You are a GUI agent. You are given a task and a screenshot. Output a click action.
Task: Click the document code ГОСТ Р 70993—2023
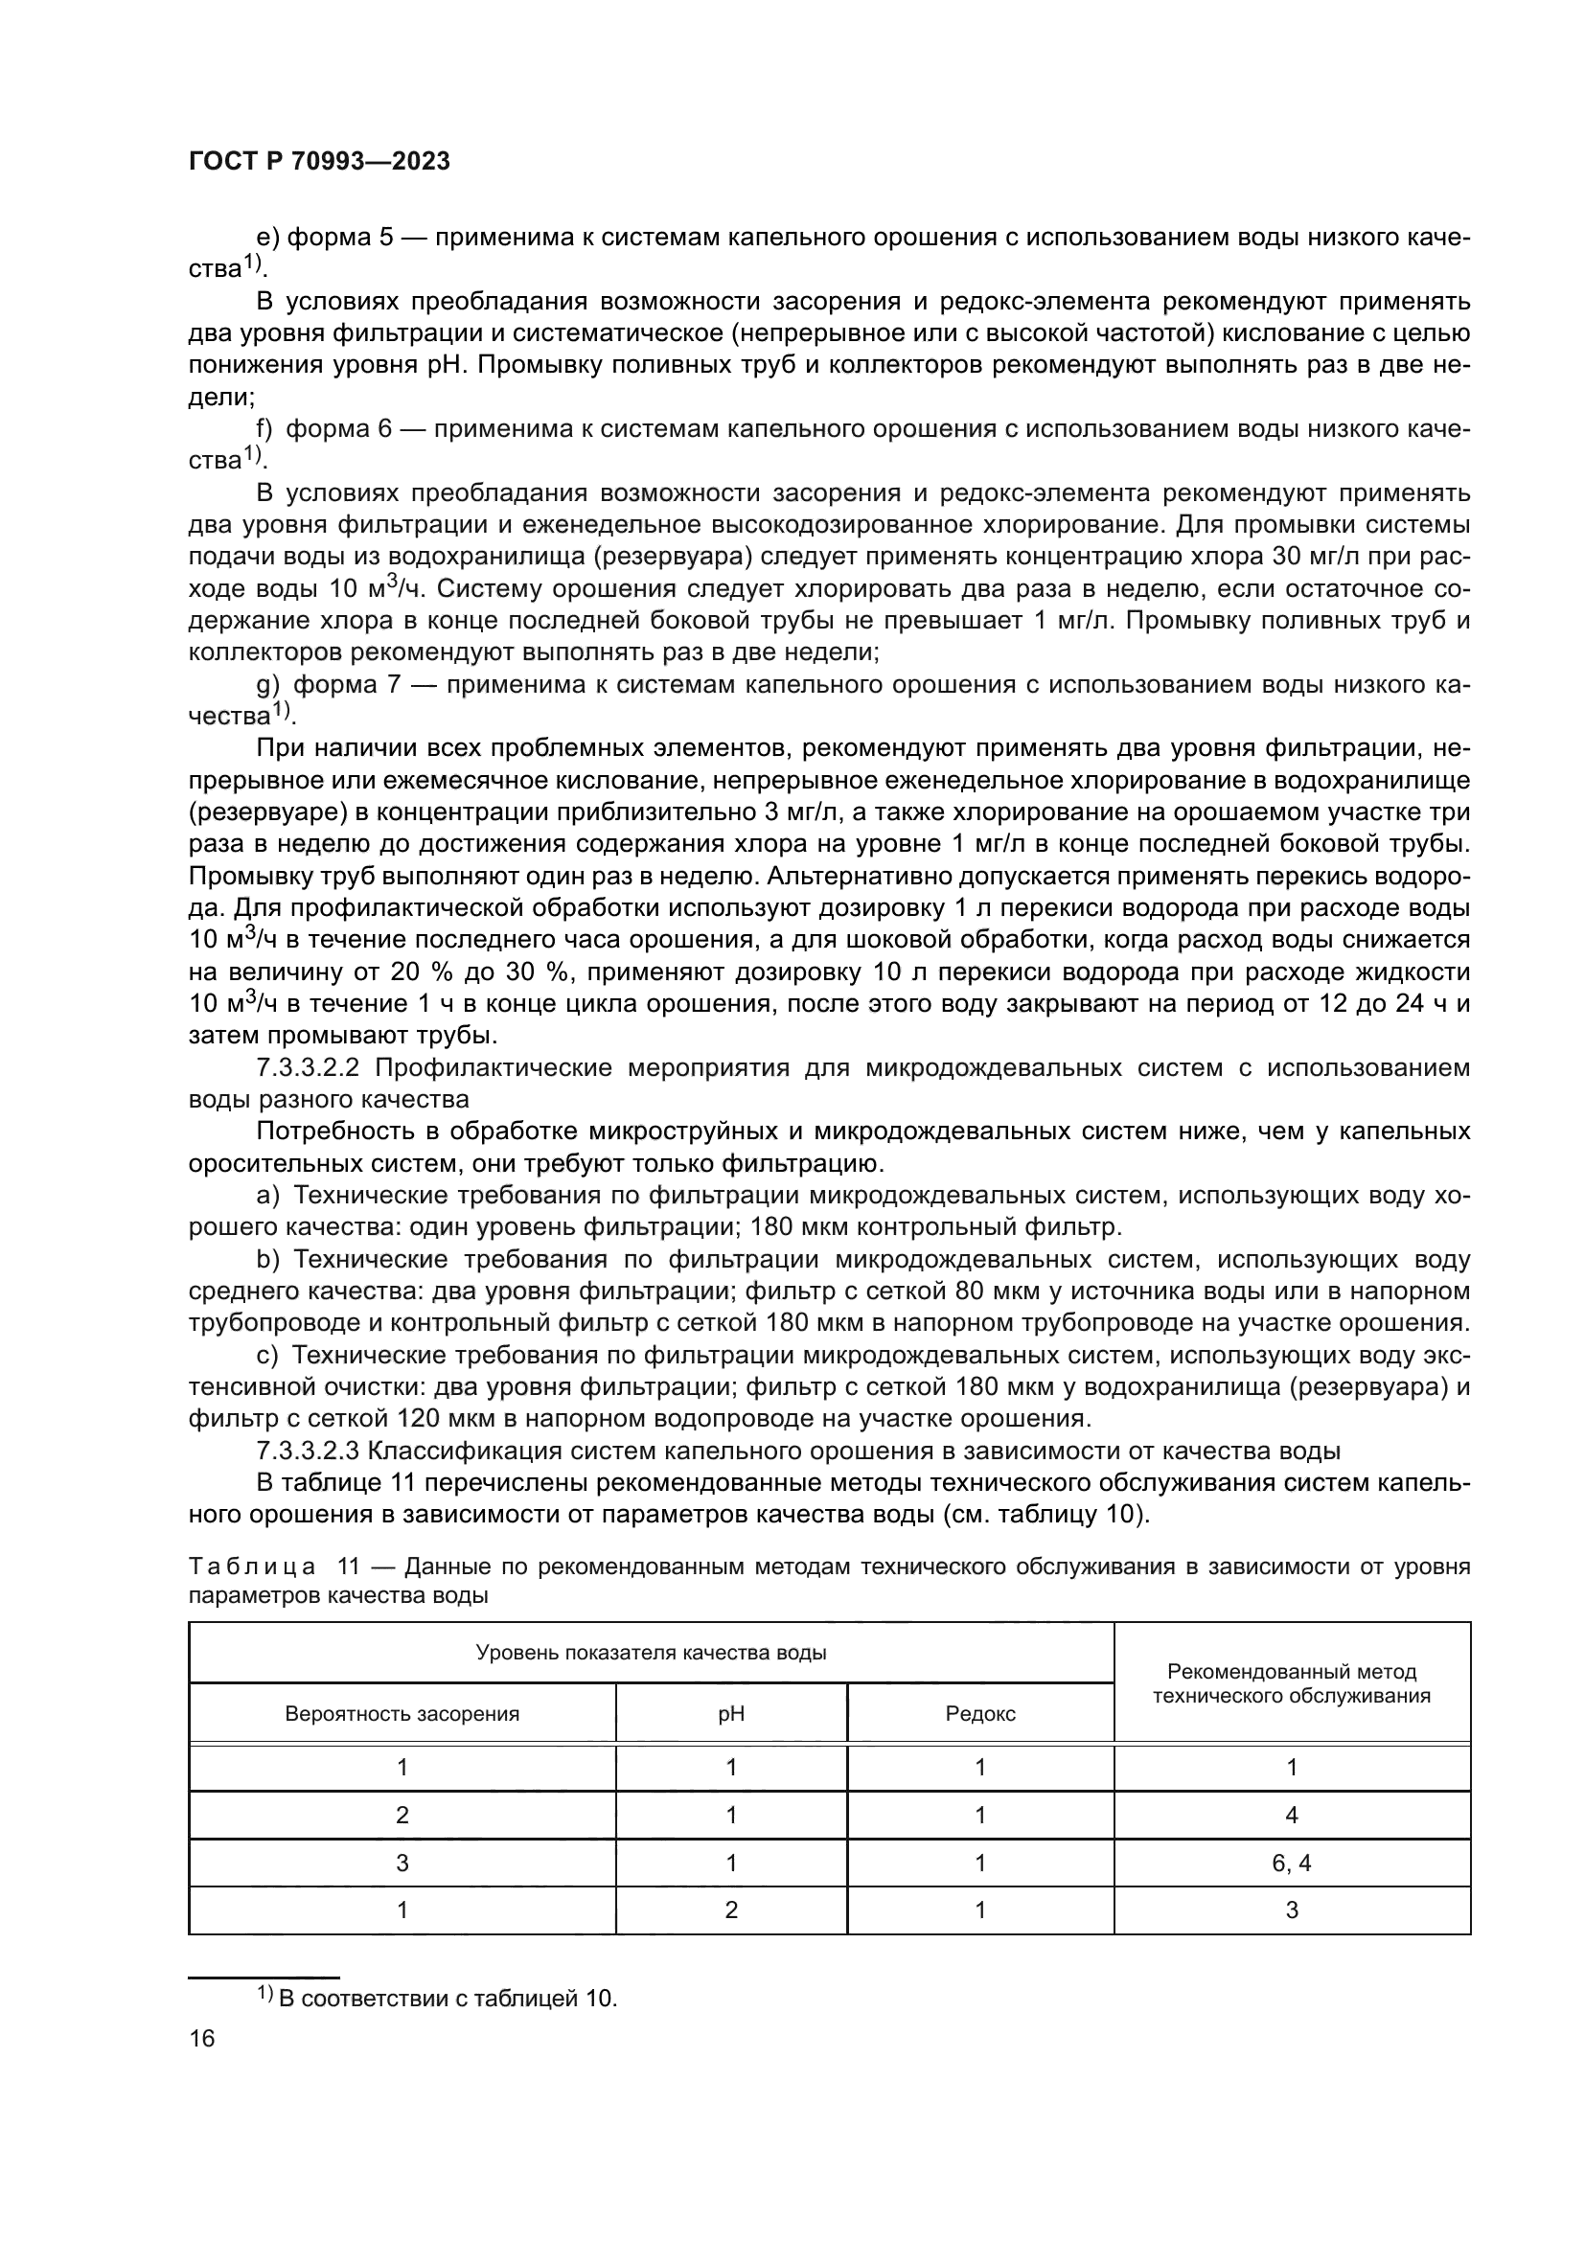(x=319, y=162)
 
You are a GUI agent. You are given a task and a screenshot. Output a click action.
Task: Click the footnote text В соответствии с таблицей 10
(x=448, y=1998)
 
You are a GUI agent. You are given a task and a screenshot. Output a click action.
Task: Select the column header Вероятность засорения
(x=402, y=1714)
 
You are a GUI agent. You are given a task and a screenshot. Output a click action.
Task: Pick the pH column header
(x=731, y=1714)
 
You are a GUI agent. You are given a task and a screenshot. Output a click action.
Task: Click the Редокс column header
(x=980, y=1714)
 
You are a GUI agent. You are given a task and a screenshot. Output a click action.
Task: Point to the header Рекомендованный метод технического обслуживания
(x=1291, y=1683)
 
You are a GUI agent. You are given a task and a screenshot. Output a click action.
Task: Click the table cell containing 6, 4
(x=1291, y=1863)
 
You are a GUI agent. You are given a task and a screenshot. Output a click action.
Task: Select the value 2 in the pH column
(x=731, y=1910)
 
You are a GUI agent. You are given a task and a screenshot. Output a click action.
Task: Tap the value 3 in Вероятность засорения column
(x=402, y=1863)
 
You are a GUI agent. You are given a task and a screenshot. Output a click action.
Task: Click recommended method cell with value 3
(x=1291, y=1910)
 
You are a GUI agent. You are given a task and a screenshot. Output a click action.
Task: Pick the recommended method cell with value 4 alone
(x=1291, y=1815)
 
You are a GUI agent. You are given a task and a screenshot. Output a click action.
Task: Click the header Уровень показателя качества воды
(x=651, y=1653)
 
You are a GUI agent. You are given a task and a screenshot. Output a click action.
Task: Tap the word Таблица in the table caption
(x=252, y=1567)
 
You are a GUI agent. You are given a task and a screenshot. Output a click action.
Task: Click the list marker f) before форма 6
(x=264, y=428)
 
